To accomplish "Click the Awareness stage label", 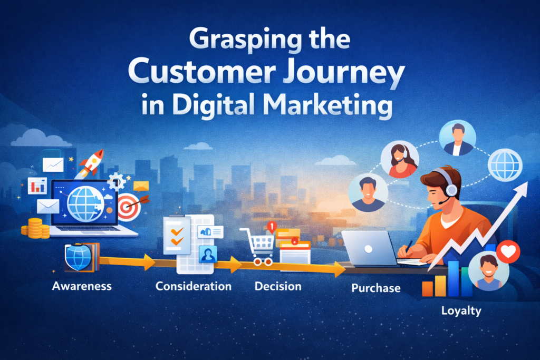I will [x=82, y=286].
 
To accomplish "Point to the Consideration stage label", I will [x=194, y=286].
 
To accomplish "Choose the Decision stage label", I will [x=278, y=286].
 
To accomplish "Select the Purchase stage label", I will [x=376, y=288].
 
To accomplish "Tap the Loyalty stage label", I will [x=461, y=310].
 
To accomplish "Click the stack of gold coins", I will [x=32, y=227].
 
